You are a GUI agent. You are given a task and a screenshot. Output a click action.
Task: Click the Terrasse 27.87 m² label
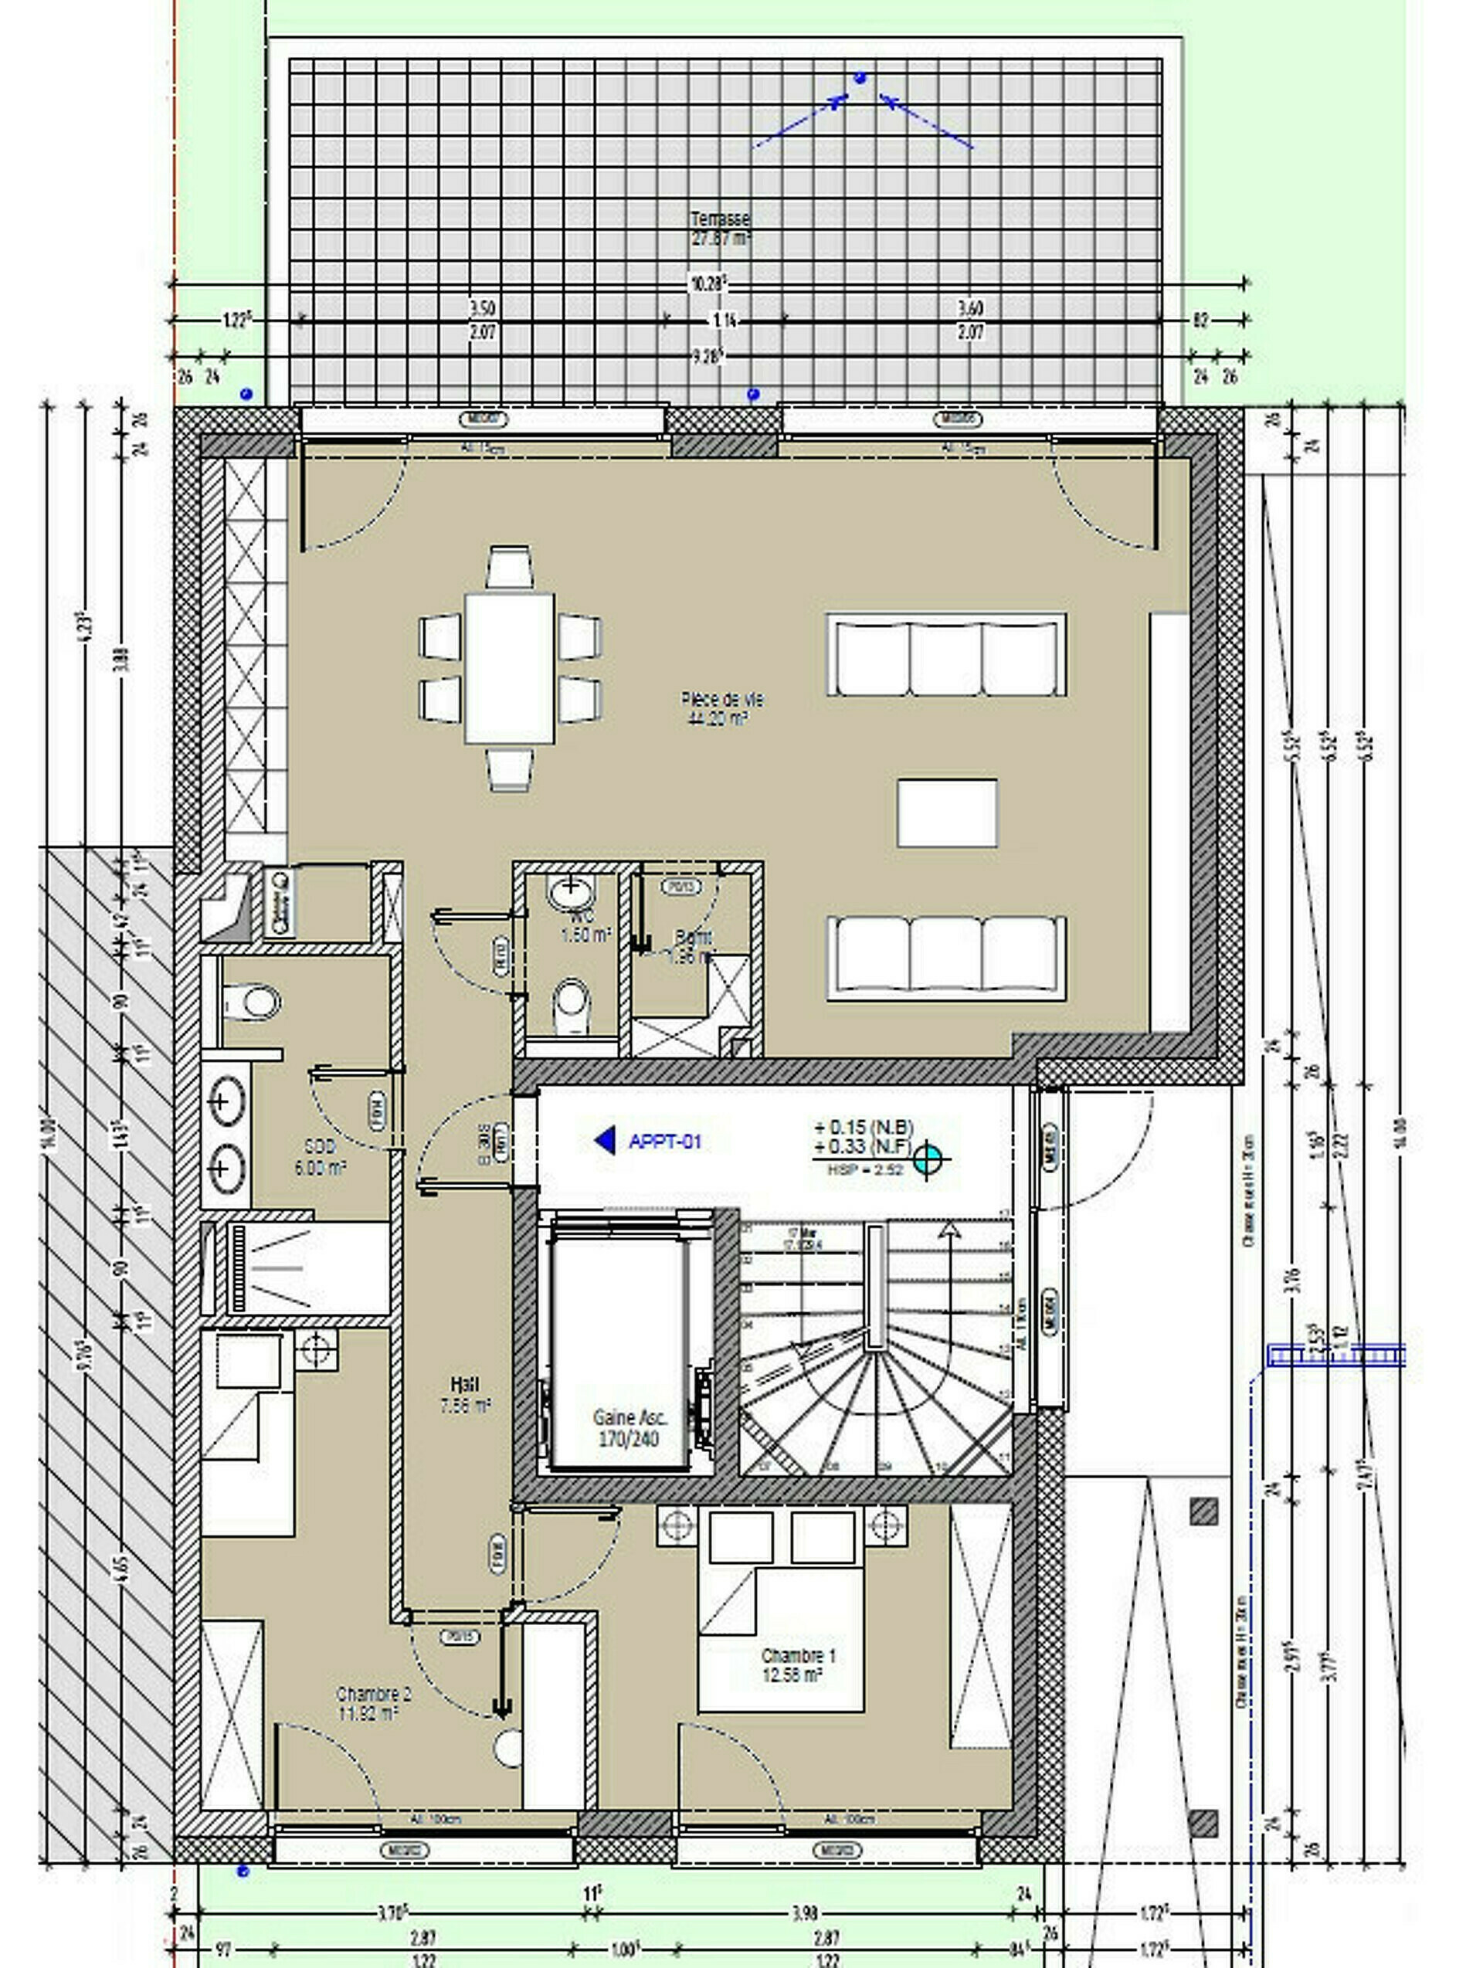tap(720, 229)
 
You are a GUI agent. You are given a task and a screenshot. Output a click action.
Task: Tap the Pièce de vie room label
tap(721, 708)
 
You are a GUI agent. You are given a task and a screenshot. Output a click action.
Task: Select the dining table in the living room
tap(509, 668)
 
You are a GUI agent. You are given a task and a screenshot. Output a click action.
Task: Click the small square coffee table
tap(946, 813)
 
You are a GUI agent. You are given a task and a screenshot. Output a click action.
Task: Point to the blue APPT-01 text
tap(664, 1142)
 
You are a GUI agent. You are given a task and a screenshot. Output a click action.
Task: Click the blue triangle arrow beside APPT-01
tap(606, 1141)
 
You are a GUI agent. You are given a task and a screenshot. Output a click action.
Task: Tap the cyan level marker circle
tap(928, 1158)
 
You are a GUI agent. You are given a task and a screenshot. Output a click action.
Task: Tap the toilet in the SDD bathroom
tap(253, 1003)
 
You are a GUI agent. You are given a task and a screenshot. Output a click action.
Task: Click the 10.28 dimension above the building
tap(708, 283)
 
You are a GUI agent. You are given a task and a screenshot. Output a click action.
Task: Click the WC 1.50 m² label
tap(585, 925)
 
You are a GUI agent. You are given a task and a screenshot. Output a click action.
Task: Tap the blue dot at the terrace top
tap(860, 78)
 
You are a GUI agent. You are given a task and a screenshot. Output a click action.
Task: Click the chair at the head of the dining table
tap(510, 567)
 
